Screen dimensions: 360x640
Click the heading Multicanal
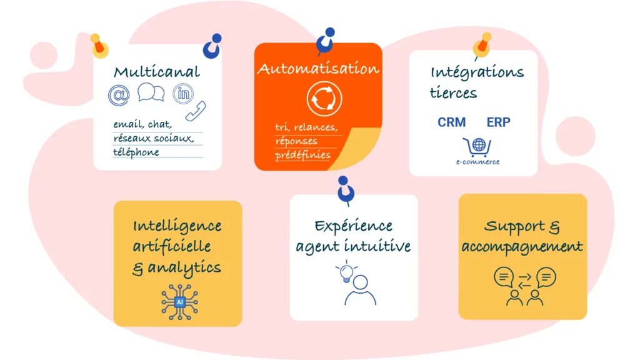tap(157, 71)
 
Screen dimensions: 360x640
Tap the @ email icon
tap(119, 95)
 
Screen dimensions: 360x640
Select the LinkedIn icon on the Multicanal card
tap(184, 94)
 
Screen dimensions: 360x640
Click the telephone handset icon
tap(196, 111)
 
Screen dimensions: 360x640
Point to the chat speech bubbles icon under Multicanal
tap(151, 94)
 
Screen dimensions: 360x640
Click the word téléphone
tap(136, 152)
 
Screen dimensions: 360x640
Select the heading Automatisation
tap(318, 68)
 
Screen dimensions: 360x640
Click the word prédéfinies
tap(303, 154)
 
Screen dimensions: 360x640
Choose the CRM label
tap(452, 122)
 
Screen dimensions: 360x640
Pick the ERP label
tap(498, 122)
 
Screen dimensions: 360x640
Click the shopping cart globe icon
tap(477, 147)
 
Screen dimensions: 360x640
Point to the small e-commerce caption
tap(478, 162)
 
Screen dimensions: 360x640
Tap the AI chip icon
tap(180, 301)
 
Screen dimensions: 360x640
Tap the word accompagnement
tap(522, 246)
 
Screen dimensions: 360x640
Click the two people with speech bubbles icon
tap(524, 286)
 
